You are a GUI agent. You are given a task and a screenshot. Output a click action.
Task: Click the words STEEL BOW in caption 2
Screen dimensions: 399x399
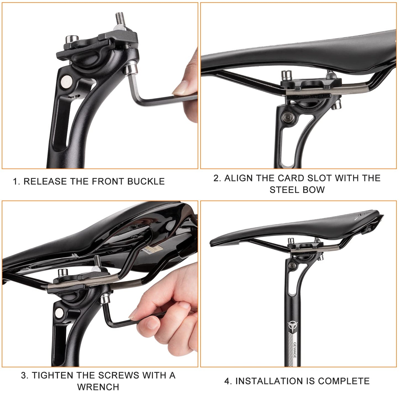coord(297,190)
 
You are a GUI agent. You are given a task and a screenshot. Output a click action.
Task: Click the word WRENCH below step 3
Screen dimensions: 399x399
coord(98,387)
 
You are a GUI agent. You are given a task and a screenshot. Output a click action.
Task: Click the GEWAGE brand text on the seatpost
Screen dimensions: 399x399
coord(295,350)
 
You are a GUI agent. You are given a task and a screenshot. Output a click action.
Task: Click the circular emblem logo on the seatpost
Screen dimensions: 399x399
coord(292,325)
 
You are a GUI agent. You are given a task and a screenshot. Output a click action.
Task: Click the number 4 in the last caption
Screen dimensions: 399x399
coord(227,381)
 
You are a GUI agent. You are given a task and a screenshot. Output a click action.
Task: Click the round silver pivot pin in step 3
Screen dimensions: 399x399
coord(59,313)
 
